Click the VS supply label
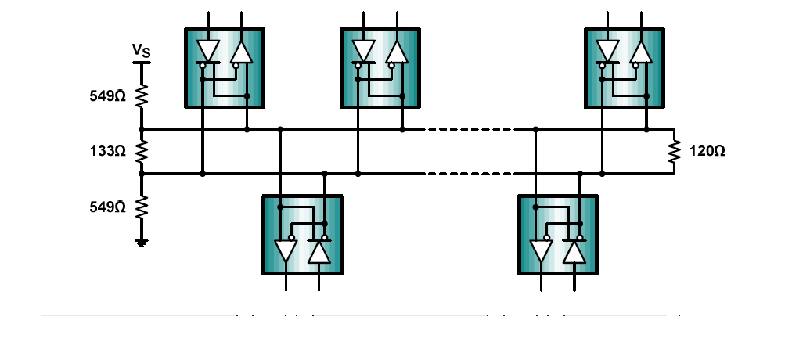(141, 52)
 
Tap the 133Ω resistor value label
(107, 150)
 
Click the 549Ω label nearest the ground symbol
(107, 207)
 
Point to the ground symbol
(142, 243)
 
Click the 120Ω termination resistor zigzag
(673, 151)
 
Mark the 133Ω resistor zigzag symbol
(142, 151)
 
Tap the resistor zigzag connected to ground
(142, 207)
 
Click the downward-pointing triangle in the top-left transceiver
(208, 51)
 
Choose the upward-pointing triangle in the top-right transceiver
(642, 52)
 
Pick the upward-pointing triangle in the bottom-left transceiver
(319, 252)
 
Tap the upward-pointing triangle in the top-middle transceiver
(397, 52)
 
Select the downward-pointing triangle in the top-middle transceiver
(364, 51)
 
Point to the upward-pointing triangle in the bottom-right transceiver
(575, 252)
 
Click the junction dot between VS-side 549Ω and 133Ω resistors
(142, 129)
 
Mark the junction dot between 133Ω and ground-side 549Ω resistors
(142, 174)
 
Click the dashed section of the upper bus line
(470, 129)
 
